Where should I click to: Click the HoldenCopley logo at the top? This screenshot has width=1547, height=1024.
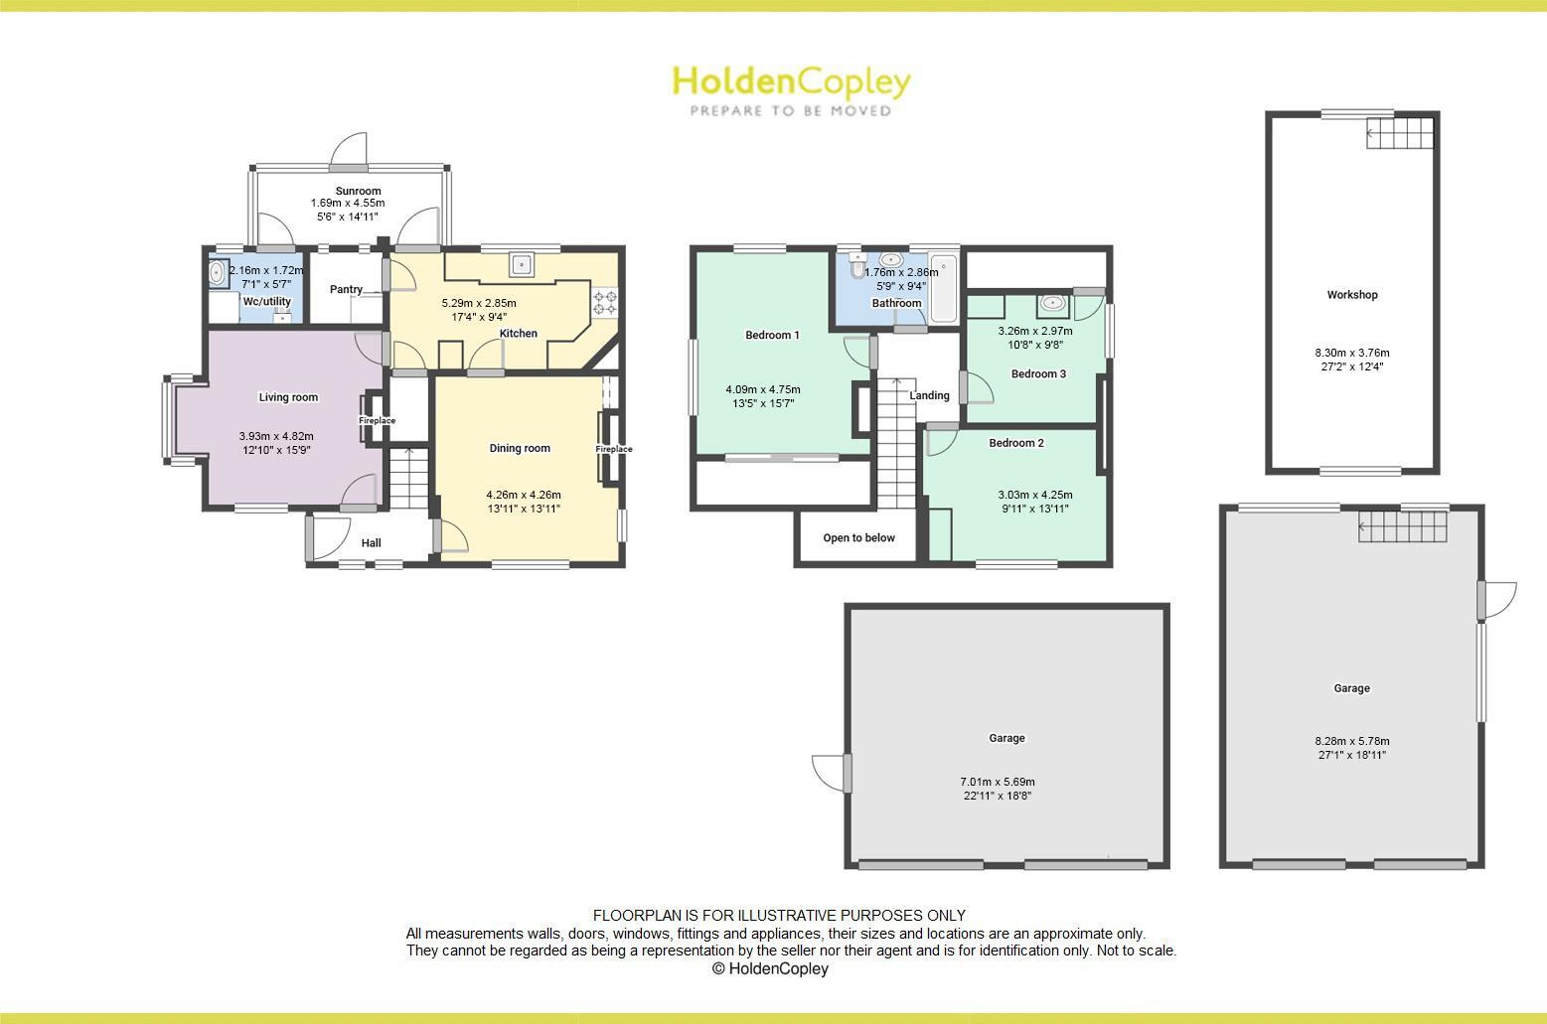pos(791,89)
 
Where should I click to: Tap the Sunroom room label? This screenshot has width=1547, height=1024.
pos(358,191)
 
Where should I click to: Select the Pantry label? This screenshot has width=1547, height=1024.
pos(346,290)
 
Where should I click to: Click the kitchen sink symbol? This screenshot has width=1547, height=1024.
pos(522,264)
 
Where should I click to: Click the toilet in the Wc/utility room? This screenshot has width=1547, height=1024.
pos(217,272)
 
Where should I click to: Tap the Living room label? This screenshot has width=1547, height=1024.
pos(288,397)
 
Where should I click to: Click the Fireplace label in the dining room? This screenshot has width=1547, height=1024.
pos(614,449)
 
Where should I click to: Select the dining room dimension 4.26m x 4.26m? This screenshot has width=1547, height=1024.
pos(524,495)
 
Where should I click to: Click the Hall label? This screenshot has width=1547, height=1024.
pos(371,543)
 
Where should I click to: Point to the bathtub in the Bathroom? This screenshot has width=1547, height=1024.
pos(944,289)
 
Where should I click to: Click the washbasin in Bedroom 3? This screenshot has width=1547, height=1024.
pos(1052,303)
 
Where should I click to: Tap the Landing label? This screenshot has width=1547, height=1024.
pos(930,395)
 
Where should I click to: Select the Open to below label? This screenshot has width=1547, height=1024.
pos(858,538)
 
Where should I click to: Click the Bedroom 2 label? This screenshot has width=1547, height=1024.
pos(1016,443)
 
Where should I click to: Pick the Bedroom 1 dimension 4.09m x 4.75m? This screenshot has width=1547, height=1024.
pos(763,389)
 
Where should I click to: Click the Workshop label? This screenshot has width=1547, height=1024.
pos(1352,295)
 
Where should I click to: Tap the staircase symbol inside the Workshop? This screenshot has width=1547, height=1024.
pos(1401,133)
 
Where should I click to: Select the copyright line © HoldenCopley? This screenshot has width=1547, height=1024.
pos(770,968)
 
